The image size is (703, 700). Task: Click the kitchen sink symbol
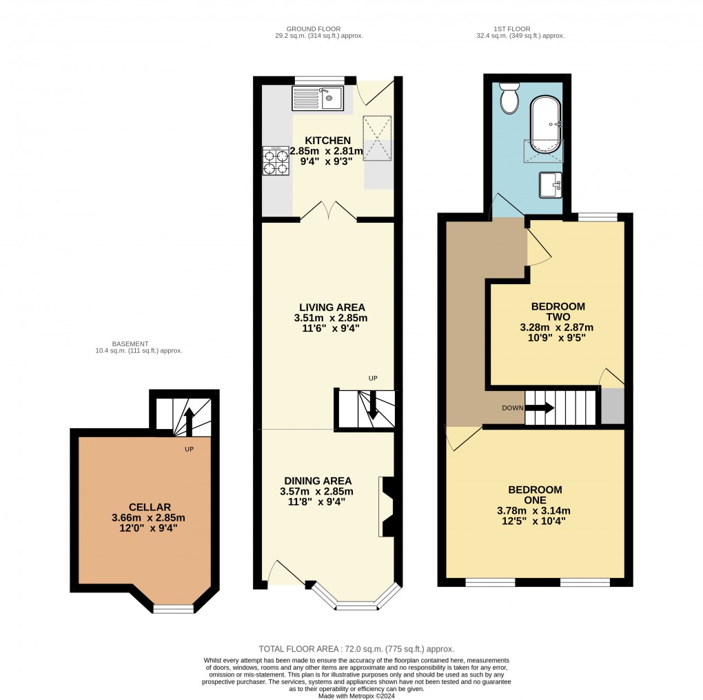point(318,98)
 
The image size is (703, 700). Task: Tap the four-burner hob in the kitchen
point(276,161)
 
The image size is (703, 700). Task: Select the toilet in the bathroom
point(509,99)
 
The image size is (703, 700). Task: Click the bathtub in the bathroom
point(546,125)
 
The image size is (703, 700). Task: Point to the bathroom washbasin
point(551,183)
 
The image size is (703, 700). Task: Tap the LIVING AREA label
point(332,307)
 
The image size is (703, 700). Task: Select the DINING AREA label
point(318,481)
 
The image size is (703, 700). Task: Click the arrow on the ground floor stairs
point(372,406)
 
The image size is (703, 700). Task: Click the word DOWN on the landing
point(512,408)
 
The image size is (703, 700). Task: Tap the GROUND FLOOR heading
point(318,28)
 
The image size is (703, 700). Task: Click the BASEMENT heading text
point(130,343)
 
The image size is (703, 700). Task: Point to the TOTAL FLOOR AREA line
point(356,649)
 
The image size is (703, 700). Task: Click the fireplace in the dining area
point(387,506)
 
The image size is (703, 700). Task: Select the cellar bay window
point(173,608)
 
